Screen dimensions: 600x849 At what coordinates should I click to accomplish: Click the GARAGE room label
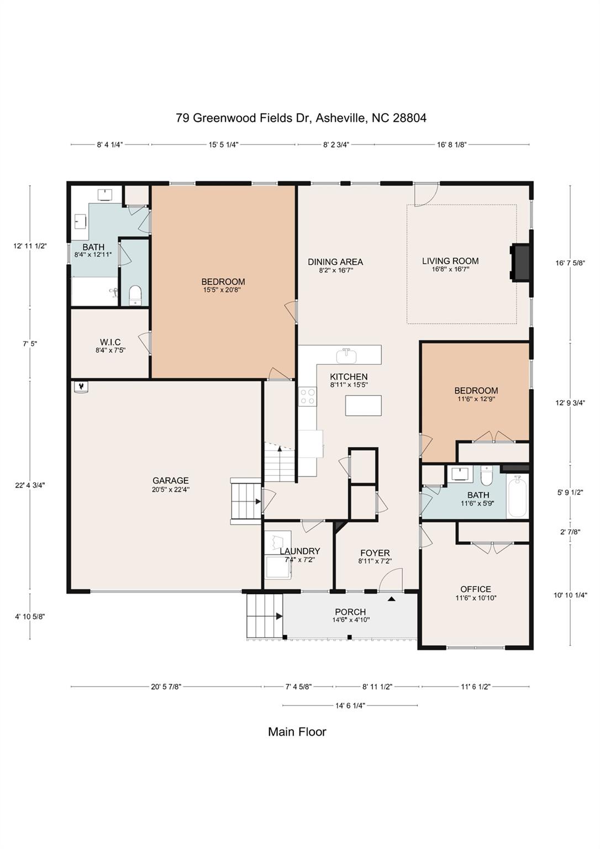(171, 480)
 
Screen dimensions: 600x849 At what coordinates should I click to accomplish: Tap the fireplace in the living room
(520, 263)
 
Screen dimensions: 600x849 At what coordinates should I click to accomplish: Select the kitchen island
(363, 405)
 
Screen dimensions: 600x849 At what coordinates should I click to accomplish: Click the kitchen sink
(346, 355)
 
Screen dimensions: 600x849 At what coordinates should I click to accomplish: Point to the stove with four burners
(307, 396)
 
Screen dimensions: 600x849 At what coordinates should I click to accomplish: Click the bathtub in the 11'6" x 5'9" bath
(517, 498)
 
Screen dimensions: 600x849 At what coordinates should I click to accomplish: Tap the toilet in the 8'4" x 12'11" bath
(135, 295)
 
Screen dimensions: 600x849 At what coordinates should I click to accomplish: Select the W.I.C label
(110, 342)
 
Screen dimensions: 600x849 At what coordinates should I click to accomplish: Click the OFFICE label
(476, 589)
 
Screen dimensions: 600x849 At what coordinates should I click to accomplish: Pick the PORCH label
(350, 612)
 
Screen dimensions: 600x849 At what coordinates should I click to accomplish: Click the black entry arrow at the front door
(392, 599)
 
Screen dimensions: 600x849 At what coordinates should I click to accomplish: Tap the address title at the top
(301, 118)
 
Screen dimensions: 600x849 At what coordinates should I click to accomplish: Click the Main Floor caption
(297, 731)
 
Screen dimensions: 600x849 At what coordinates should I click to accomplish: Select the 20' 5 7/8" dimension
(166, 686)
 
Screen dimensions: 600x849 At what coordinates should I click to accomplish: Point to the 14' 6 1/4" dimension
(350, 705)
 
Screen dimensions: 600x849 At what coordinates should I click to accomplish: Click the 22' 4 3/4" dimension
(30, 485)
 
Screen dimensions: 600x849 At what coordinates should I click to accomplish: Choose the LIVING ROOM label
(450, 261)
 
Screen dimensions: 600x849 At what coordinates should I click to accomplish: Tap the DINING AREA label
(335, 261)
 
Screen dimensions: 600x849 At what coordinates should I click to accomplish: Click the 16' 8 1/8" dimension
(451, 144)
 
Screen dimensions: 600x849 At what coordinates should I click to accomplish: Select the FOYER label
(375, 553)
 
